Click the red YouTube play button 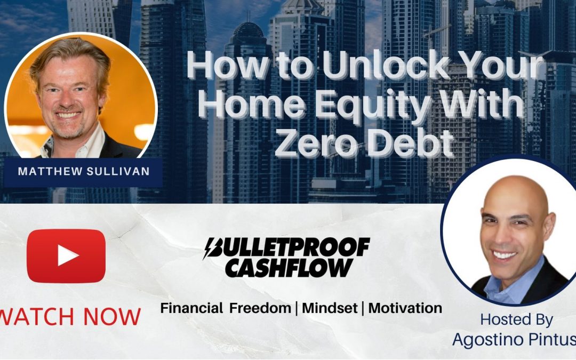(66, 256)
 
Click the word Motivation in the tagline (405, 308)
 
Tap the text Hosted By (516, 319)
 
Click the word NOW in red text (115, 316)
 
